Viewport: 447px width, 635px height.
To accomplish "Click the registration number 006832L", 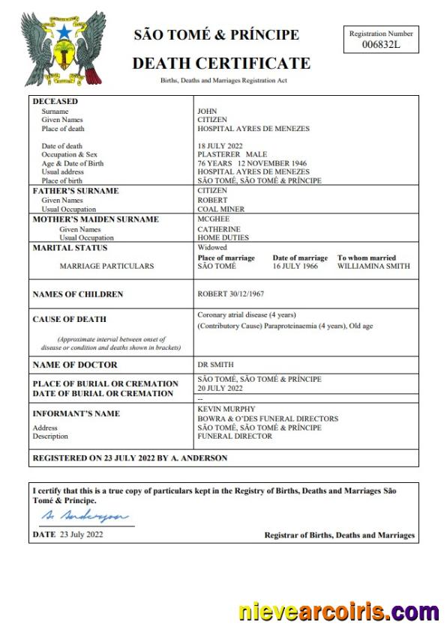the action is point(380,45).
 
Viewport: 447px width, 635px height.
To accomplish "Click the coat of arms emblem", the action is point(54,48).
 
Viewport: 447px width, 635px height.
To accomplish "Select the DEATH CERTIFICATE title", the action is point(221,63).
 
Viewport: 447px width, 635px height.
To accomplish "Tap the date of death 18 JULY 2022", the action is point(222,146).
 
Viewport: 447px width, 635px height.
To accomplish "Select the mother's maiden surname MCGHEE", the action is point(212,219).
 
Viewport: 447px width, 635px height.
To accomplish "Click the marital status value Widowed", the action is point(212,248).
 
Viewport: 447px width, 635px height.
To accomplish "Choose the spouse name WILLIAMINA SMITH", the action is point(373,266).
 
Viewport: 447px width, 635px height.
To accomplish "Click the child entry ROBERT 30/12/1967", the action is point(230,294).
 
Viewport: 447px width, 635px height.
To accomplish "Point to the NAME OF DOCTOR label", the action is point(75,365).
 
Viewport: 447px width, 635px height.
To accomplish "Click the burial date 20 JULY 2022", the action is point(220,389).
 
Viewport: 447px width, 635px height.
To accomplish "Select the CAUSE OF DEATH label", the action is point(70,319).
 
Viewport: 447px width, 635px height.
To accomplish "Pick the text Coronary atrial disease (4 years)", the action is point(248,315).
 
